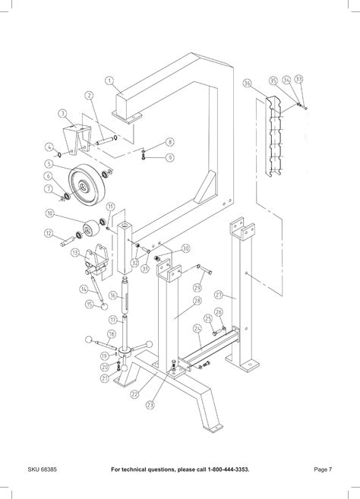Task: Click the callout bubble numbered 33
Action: [298, 79]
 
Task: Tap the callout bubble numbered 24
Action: [197, 329]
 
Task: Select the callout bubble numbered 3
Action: [62, 113]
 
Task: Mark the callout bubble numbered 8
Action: [170, 142]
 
